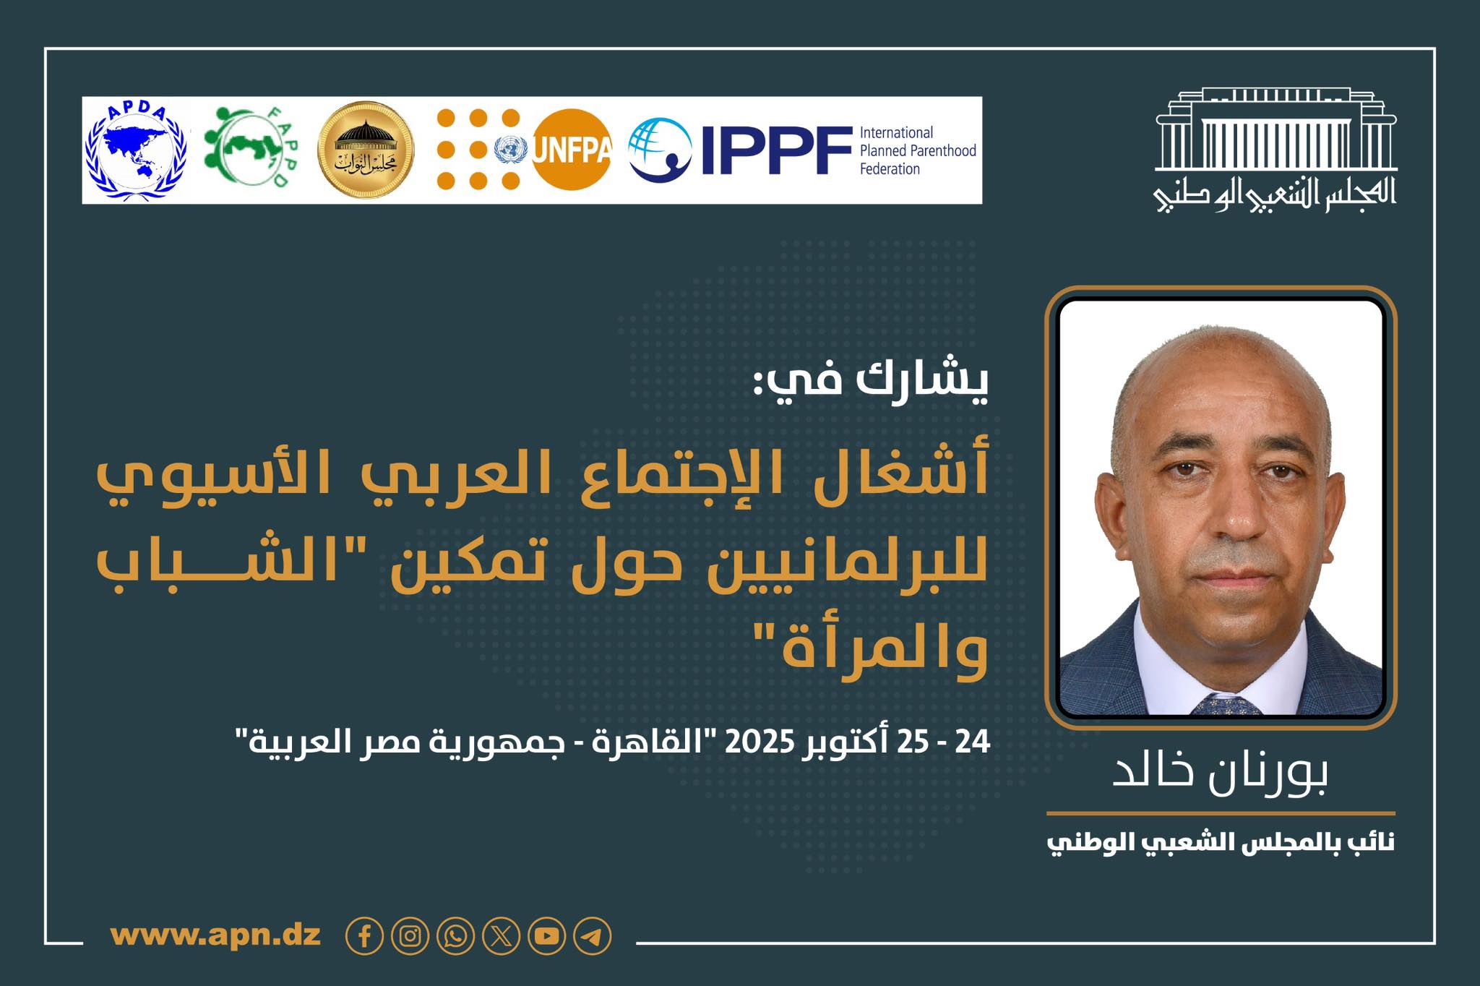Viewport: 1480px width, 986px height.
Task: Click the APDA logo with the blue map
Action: [136, 151]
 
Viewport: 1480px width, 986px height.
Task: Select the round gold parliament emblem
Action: [366, 150]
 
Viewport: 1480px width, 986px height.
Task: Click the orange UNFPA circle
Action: [572, 150]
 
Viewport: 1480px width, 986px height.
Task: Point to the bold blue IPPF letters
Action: [777, 150]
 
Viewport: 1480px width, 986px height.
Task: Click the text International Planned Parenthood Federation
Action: [918, 150]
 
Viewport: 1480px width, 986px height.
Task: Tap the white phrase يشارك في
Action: [870, 380]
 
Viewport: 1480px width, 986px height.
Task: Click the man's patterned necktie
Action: [1224, 705]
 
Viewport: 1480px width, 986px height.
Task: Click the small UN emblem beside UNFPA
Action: [512, 150]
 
